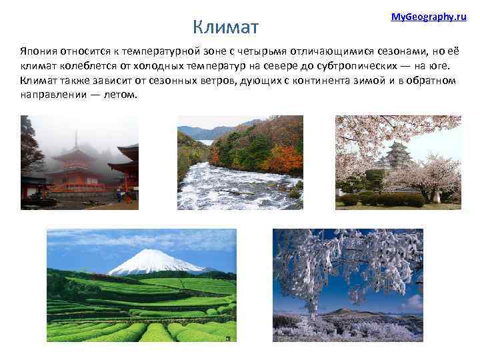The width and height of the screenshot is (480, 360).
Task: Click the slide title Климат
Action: pos(225,27)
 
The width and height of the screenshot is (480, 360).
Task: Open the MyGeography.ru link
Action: pos(428,16)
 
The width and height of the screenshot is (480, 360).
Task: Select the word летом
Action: pos(119,95)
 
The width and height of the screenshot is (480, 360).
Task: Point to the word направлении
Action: pos(52,95)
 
